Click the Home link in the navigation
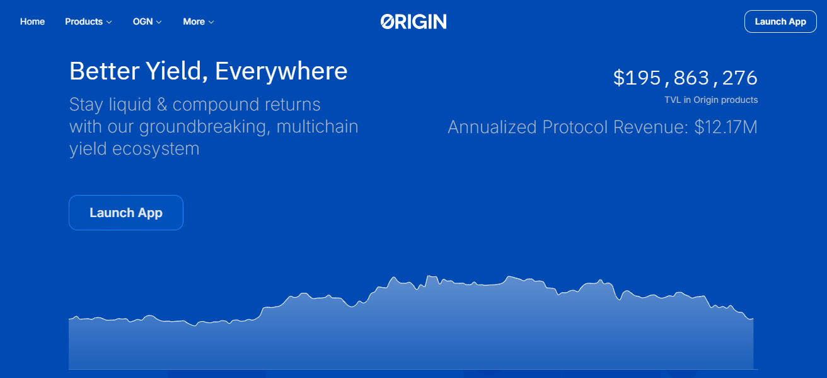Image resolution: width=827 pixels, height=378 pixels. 32,21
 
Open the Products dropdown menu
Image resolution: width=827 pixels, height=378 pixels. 88,21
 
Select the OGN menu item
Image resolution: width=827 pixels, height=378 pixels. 147,21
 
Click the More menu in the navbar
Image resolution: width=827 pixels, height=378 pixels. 198,21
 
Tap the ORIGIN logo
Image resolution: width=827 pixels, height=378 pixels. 413,21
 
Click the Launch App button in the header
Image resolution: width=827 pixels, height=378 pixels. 780,21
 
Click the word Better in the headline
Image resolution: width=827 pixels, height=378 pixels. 103,71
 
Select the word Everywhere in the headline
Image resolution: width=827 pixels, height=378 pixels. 281,71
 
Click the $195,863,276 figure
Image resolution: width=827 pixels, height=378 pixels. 685,78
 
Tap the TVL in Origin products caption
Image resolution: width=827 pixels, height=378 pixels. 711,100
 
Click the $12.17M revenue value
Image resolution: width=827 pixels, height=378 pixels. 726,127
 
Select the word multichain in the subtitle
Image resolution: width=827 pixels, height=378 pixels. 318,127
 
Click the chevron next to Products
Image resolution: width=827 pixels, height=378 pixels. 109,22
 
